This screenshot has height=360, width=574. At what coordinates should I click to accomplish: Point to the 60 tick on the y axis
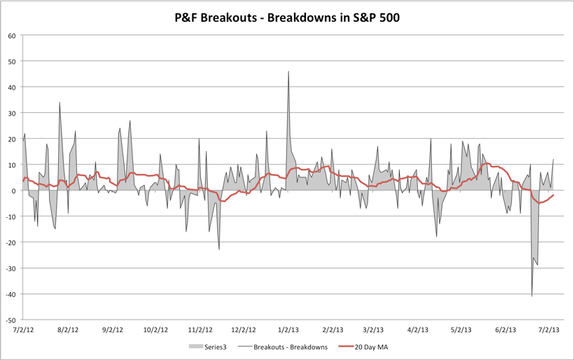(x=13, y=35)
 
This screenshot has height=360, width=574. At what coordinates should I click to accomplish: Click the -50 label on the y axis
(x=12, y=319)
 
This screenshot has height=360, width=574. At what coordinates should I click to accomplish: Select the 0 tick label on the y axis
(x=15, y=191)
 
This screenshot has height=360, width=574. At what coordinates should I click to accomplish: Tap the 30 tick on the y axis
(x=13, y=113)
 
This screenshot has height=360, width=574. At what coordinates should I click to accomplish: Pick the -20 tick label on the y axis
(x=12, y=242)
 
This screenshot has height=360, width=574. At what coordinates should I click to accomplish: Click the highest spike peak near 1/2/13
(x=288, y=71)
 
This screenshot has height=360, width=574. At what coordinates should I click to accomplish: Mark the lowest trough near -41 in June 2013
(x=532, y=296)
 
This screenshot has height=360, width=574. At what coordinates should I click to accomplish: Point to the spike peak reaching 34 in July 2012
(x=59, y=103)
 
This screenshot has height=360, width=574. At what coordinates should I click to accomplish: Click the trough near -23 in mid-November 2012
(x=219, y=249)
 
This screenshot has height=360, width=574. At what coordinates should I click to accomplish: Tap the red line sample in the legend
(x=347, y=346)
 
